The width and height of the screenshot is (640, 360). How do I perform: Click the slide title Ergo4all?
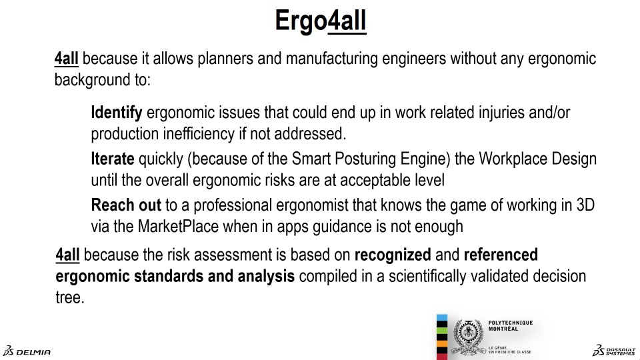click(x=321, y=21)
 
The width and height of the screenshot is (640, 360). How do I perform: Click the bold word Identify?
click(x=117, y=113)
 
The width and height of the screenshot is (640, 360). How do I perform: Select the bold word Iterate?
click(x=113, y=159)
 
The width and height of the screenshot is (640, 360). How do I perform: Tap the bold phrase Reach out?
click(x=126, y=205)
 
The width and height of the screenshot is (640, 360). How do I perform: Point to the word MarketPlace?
click(x=179, y=226)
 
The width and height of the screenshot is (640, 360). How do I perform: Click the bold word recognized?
click(x=393, y=255)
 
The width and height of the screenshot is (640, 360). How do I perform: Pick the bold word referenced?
click(x=501, y=255)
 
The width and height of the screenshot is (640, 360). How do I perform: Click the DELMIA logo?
click(x=27, y=351)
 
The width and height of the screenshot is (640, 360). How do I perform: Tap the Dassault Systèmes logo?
click(x=614, y=351)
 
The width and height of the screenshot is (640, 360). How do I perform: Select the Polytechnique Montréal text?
click(x=511, y=326)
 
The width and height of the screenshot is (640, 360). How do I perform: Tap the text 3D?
click(x=585, y=205)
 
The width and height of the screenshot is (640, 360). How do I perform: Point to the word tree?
click(x=70, y=297)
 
